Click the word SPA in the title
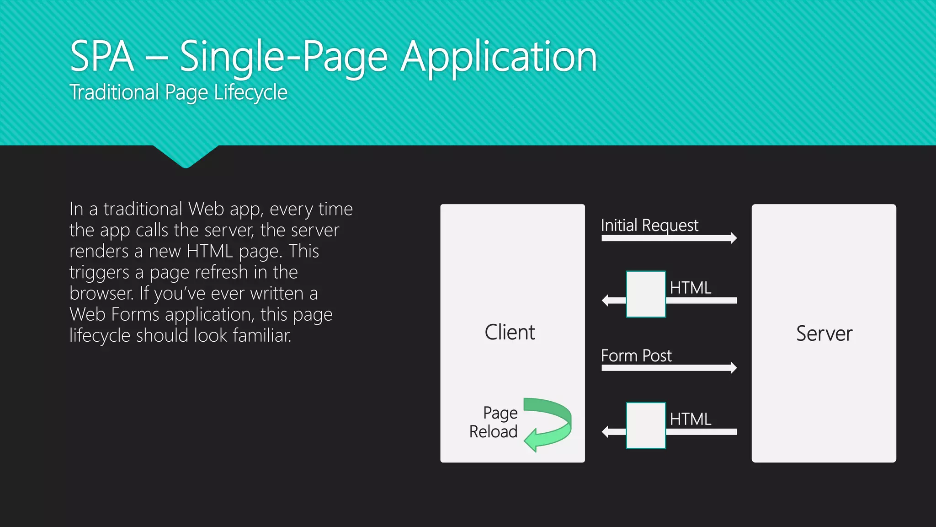[x=102, y=56]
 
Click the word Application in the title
[x=499, y=57]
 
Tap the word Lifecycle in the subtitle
[x=250, y=93]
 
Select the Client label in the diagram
[x=510, y=332]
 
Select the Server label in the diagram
[x=824, y=333]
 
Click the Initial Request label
[x=649, y=225]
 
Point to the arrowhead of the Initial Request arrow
[x=733, y=238]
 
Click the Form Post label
[x=636, y=355]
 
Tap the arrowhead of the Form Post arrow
[x=733, y=368]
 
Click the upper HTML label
[x=691, y=288]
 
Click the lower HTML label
[x=691, y=419]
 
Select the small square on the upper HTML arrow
[x=646, y=294]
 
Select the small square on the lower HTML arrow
[x=646, y=425]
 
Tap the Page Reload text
[x=494, y=422]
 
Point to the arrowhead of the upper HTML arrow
[x=606, y=301]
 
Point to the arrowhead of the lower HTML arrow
[x=606, y=431]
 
